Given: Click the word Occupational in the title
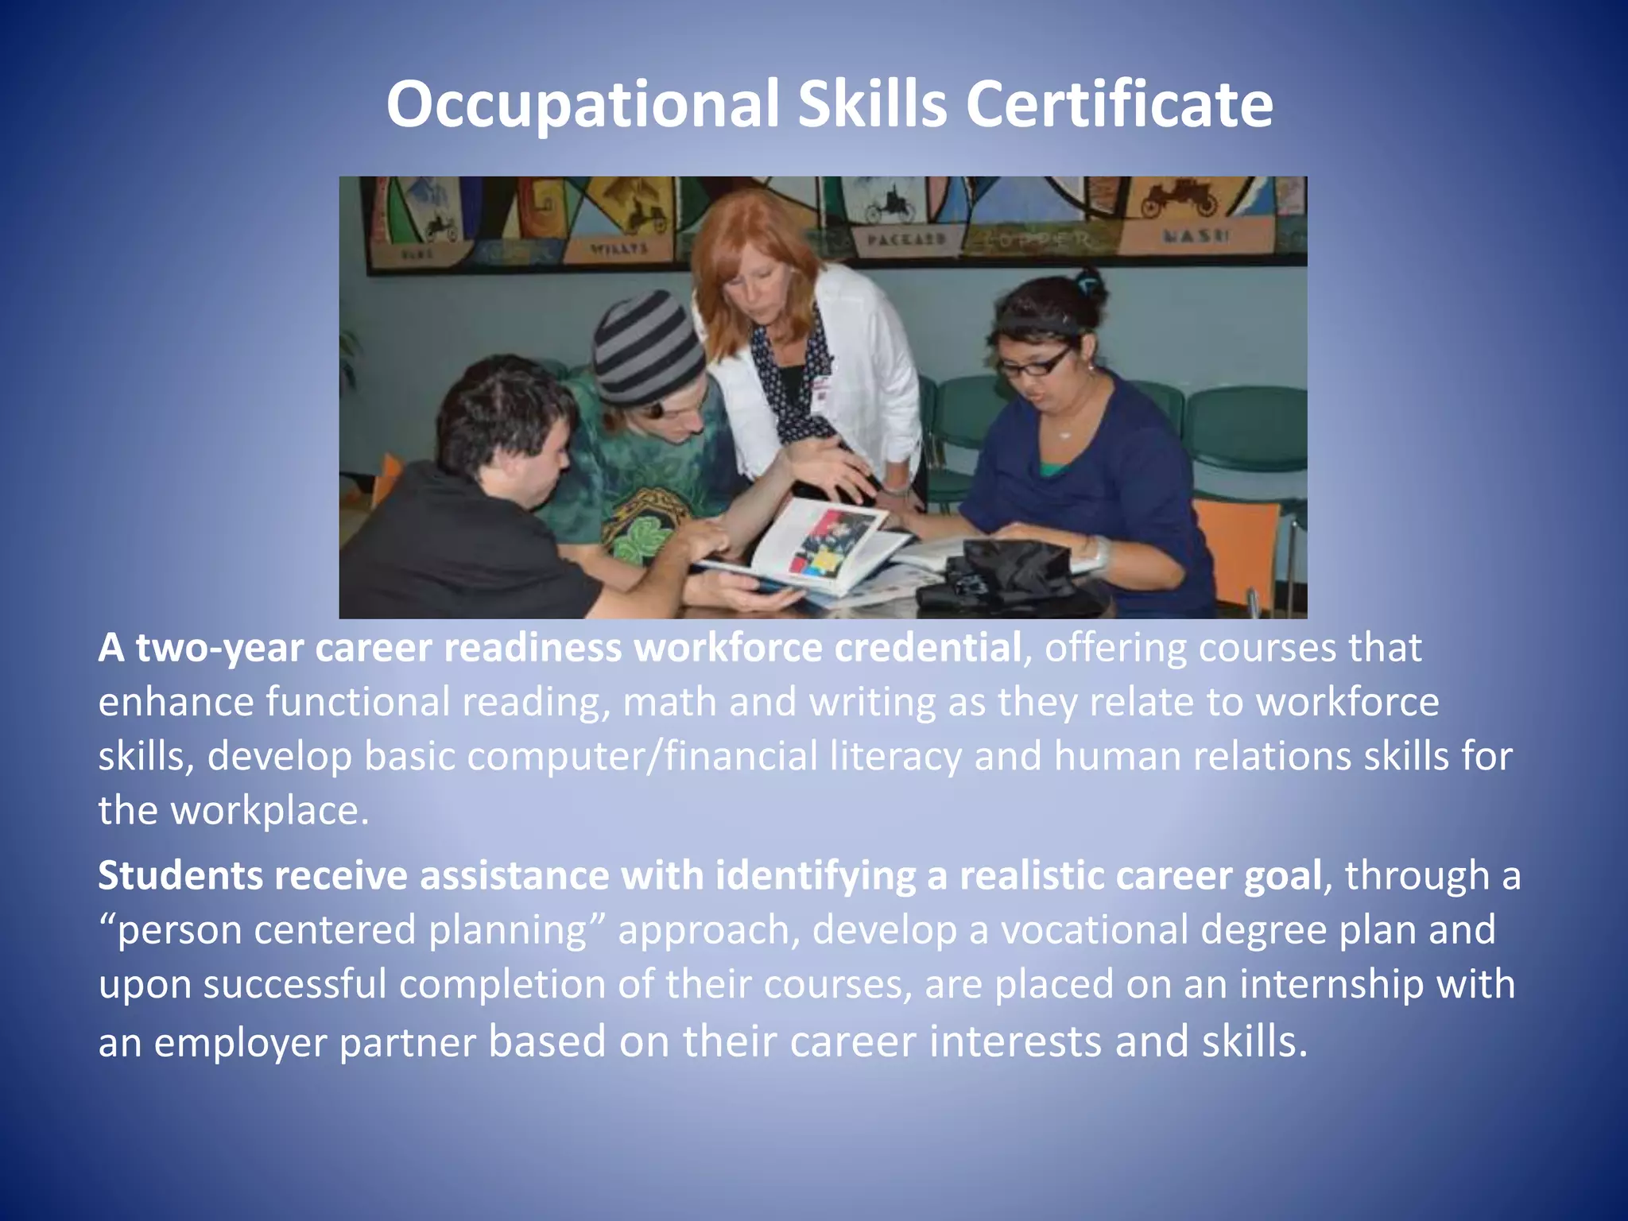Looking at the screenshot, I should click(582, 105).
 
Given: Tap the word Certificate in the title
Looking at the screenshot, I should click(1118, 105).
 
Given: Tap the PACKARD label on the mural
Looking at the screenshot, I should click(905, 238).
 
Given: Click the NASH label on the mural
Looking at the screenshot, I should click(1196, 236).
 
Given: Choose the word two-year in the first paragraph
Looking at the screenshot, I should click(219, 648).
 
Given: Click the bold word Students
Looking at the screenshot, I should click(179, 875).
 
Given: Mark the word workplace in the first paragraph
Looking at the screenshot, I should click(269, 811).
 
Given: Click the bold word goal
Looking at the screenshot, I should click(1282, 875).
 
